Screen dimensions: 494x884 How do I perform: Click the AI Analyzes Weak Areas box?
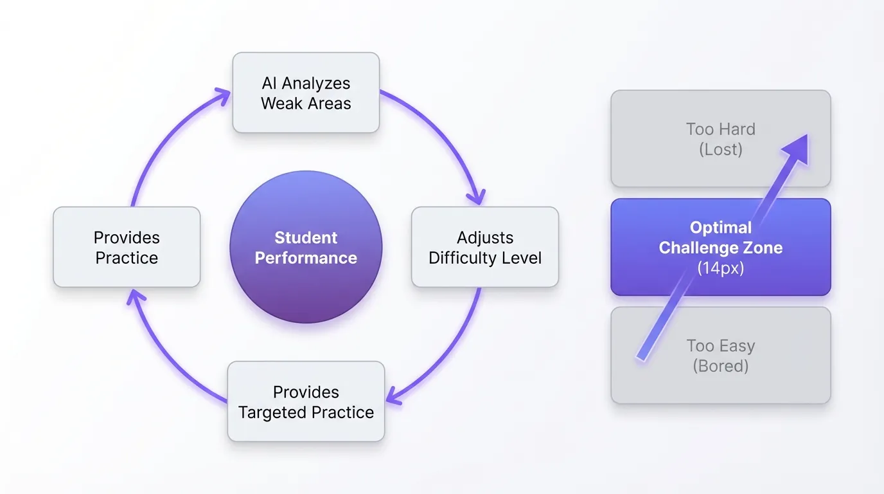(306, 93)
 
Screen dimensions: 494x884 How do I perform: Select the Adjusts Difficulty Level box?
(485, 247)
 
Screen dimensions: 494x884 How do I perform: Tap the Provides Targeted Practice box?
(306, 401)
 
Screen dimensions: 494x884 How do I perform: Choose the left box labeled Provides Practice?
(127, 247)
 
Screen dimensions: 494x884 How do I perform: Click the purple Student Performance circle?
(306, 247)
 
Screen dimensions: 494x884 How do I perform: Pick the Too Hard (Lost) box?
(720, 139)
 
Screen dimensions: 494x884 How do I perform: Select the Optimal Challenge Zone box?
(720, 247)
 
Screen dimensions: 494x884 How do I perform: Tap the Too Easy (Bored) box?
(720, 355)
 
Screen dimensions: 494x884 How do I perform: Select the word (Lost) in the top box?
(720, 149)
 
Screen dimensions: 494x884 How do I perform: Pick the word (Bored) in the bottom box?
(720, 366)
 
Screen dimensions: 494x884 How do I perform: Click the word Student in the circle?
(306, 237)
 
